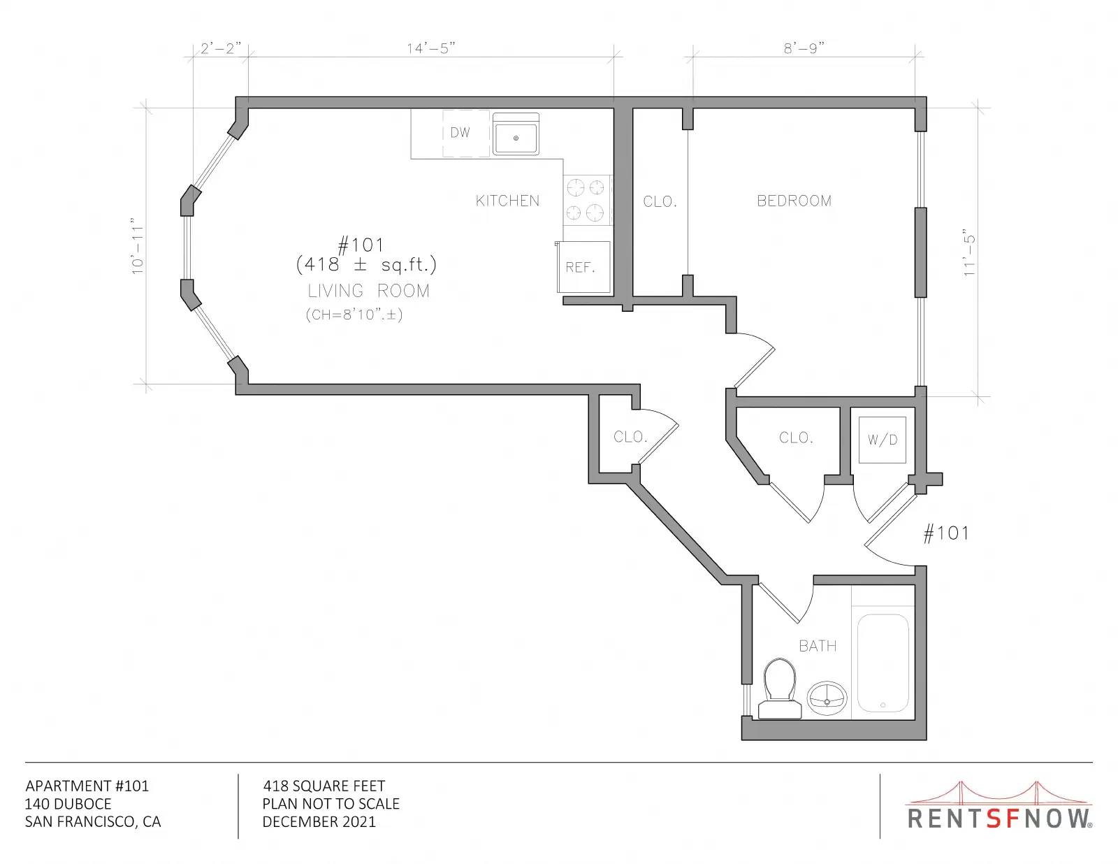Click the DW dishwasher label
460,133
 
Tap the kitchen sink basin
516,134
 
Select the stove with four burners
588,200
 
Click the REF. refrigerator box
583,267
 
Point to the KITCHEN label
507,201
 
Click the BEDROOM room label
794,201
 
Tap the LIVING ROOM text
368,291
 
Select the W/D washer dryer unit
883,440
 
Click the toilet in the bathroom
780,689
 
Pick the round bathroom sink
827,698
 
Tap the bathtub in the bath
883,663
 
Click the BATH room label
818,646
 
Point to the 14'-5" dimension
431,48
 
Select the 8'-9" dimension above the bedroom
804,48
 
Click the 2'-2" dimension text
221,48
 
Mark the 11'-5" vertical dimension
969,253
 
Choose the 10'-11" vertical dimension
138,249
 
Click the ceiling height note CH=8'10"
354,315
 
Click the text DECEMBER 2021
319,822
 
